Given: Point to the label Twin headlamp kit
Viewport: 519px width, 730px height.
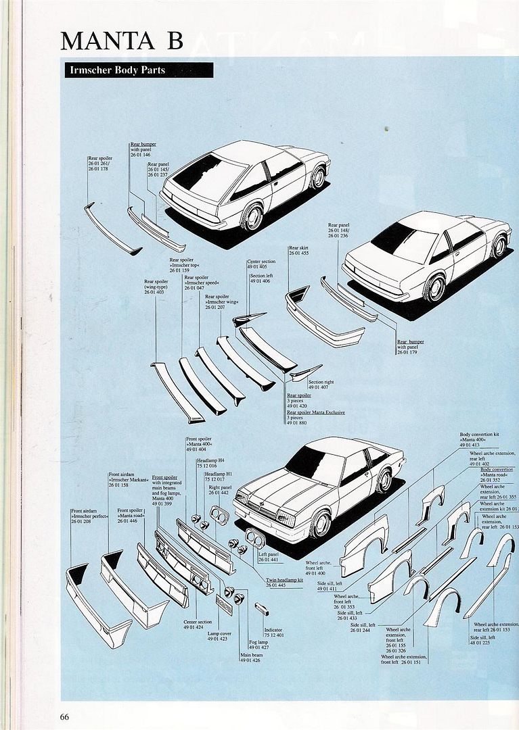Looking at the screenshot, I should point(284,580).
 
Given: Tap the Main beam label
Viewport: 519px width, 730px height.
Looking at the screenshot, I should point(251,656).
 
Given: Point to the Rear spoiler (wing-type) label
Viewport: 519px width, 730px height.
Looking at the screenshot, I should point(156,287).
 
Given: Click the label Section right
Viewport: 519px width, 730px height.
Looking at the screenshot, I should point(320,382).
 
